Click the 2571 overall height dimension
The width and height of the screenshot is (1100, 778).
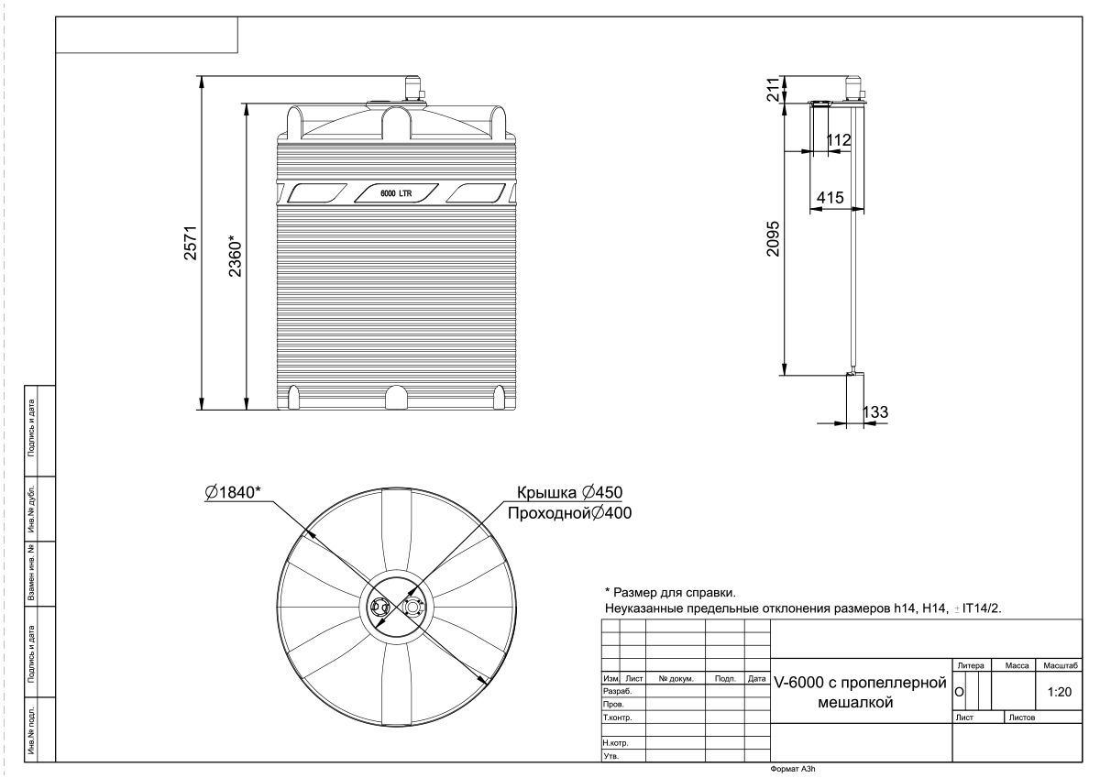pyautogui.click(x=190, y=243)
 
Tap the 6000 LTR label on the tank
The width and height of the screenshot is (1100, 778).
pyautogui.click(x=396, y=193)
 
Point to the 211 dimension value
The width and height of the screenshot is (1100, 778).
pyautogui.click(x=774, y=89)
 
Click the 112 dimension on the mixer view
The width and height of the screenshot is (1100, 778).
pyautogui.click(x=838, y=140)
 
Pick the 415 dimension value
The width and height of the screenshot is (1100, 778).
pyautogui.click(x=830, y=198)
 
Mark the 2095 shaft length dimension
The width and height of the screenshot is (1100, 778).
pyautogui.click(x=773, y=238)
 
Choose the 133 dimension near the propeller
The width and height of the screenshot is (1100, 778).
pyautogui.click(x=875, y=411)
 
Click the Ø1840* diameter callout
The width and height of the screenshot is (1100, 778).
pyautogui.click(x=233, y=492)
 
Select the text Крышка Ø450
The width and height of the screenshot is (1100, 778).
pyautogui.click(x=569, y=492)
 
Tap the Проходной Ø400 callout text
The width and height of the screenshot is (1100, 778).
pyautogui.click(x=569, y=513)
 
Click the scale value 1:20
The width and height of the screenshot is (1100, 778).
pyautogui.click(x=1060, y=692)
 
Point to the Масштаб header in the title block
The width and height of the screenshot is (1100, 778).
pyautogui.click(x=1061, y=665)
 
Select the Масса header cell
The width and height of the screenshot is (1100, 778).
pyautogui.click(x=1017, y=665)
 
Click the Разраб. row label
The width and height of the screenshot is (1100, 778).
pyautogui.click(x=617, y=691)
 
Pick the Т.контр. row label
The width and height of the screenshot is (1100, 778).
pyautogui.click(x=617, y=718)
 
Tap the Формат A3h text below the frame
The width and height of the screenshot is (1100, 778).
pyautogui.click(x=793, y=769)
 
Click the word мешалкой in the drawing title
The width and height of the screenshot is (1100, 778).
pyautogui.click(x=855, y=703)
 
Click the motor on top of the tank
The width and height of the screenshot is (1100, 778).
pyautogui.click(x=412, y=89)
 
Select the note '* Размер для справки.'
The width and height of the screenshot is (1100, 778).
pyautogui.click(x=670, y=593)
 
